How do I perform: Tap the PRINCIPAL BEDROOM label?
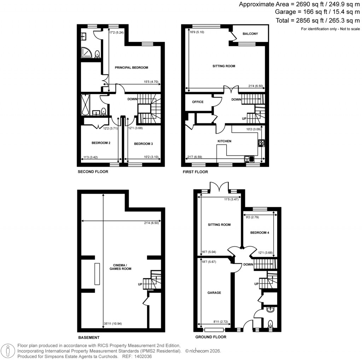[x=131, y=68]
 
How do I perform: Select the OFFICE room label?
[x=198, y=102]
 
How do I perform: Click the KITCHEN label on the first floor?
[x=224, y=141]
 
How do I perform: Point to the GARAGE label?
[x=214, y=293]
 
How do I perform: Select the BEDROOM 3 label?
[x=143, y=144]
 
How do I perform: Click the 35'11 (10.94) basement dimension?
[x=112, y=323]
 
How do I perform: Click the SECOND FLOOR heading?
[x=93, y=172]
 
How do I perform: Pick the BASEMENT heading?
[x=88, y=337]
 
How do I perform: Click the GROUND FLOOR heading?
[x=210, y=337]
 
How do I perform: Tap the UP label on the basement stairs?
[x=140, y=284]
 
